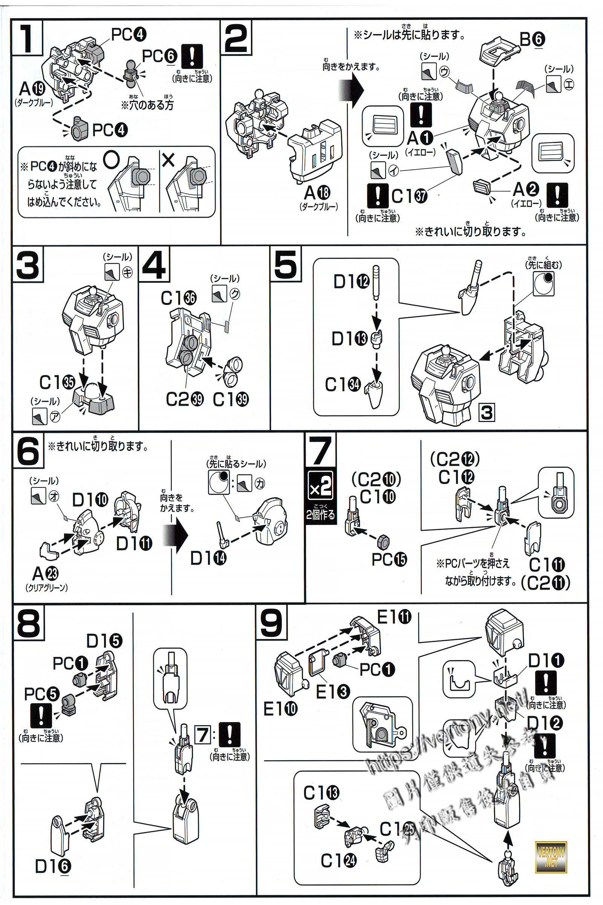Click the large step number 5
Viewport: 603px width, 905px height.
[x=285, y=264]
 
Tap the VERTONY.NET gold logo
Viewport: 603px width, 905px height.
[x=551, y=857]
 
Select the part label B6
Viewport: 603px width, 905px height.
[x=532, y=39]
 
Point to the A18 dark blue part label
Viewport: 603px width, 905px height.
[x=317, y=193]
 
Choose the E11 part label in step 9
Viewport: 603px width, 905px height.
[x=394, y=618]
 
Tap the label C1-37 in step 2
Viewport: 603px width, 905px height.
[x=409, y=196]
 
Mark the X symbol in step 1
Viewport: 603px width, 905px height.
[x=168, y=160]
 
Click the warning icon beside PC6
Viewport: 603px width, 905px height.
[x=191, y=56]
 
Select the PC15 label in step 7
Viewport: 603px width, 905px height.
[x=389, y=560]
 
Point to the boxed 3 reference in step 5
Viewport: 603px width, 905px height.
[x=487, y=413]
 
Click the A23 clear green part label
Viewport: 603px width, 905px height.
[x=45, y=574]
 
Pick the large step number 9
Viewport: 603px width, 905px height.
[x=271, y=623]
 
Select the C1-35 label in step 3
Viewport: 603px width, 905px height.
[x=57, y=382]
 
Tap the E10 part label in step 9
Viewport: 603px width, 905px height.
[x=280, y=709]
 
